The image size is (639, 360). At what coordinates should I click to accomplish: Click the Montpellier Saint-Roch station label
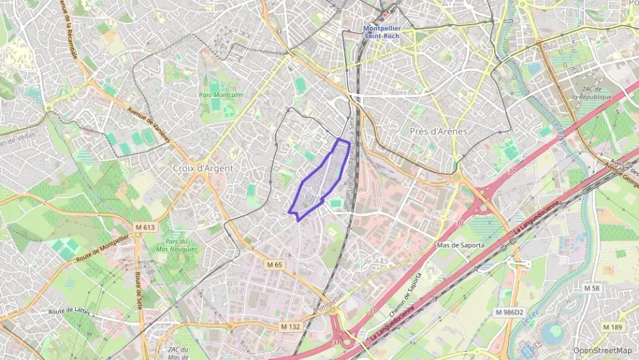pyautogui.click(x=382, y=31)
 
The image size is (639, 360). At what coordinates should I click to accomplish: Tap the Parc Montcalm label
pyautogui.click(x=221, y=95)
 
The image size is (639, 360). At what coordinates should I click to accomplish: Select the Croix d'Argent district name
pyautogui.click(x=203, y=168)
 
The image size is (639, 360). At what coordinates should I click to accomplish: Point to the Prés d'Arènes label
pyautogui.click(x=438, y=131)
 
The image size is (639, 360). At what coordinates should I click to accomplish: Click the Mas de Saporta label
pyautogui.click(x=460, y=245)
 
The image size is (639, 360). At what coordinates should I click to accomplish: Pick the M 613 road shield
pyautogui.click(x=145, y=227)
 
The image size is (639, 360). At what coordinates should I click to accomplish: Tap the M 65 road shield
pyautogui.click(x=274, y=264)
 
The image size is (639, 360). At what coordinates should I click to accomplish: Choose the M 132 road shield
pyautogui.click(x=290, y=327)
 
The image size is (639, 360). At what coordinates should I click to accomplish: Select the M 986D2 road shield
pyautogui.click(x=509, y=312)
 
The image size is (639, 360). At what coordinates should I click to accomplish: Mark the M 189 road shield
pyautogui.click(x=613, y=327)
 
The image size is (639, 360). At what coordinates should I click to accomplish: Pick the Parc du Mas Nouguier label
pyautogui.click(x=177, y=245)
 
